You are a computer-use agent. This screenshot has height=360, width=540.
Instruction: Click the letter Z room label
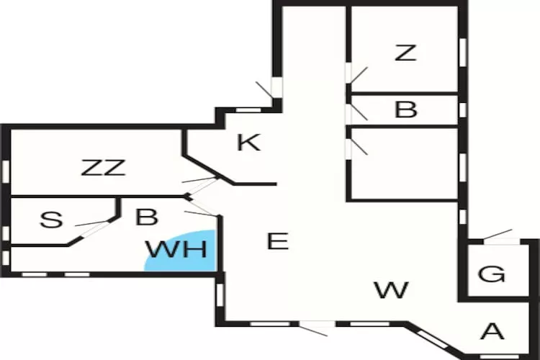[x=405, y=53]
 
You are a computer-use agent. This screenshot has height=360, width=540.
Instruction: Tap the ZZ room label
[x=104, y=168]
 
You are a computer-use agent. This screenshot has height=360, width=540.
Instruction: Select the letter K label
[x=248, y=143]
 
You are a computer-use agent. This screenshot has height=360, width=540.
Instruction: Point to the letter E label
[x=277, y=241]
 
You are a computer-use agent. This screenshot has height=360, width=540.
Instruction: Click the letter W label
[x=392, y=290]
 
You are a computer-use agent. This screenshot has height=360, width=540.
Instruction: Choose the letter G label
[x=492, y=274]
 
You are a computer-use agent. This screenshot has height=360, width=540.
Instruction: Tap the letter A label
[x=492, y=331]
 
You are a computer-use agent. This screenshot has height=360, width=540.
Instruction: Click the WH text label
[x=176, y=250]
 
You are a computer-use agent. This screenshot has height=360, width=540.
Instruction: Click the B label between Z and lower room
[x=406, y=110]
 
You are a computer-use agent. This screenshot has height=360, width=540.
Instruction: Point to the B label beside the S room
[x=146, y=216]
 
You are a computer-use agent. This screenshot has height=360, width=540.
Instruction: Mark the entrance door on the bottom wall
[x=315, y=329]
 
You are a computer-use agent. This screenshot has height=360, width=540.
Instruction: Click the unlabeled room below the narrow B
[x=403, y=164]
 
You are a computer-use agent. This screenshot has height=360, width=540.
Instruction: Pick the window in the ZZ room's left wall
[x=5, y=170]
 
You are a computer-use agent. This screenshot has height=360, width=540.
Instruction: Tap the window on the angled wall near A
[x=431, y=338]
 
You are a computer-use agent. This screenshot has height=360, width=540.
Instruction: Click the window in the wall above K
[x=248, y=109]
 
